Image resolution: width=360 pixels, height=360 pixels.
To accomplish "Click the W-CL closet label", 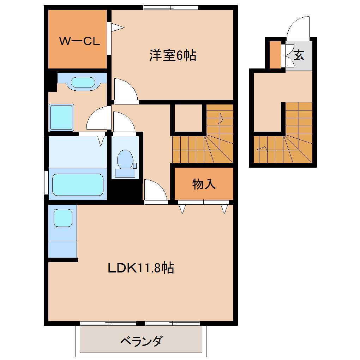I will (79, 42).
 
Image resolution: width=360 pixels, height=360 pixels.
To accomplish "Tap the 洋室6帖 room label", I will (172, 55).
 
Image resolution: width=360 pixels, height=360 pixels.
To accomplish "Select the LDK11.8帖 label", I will (140, 268).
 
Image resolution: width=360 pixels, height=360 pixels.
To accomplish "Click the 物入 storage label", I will (204, 184).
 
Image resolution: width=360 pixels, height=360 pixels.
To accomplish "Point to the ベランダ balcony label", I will (142, 341).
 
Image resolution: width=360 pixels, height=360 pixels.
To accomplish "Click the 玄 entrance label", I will (299, 55).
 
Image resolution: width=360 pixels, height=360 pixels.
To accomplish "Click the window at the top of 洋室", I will (171, 7).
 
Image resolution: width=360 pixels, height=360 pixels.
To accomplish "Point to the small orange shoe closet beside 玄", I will (275, 55).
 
